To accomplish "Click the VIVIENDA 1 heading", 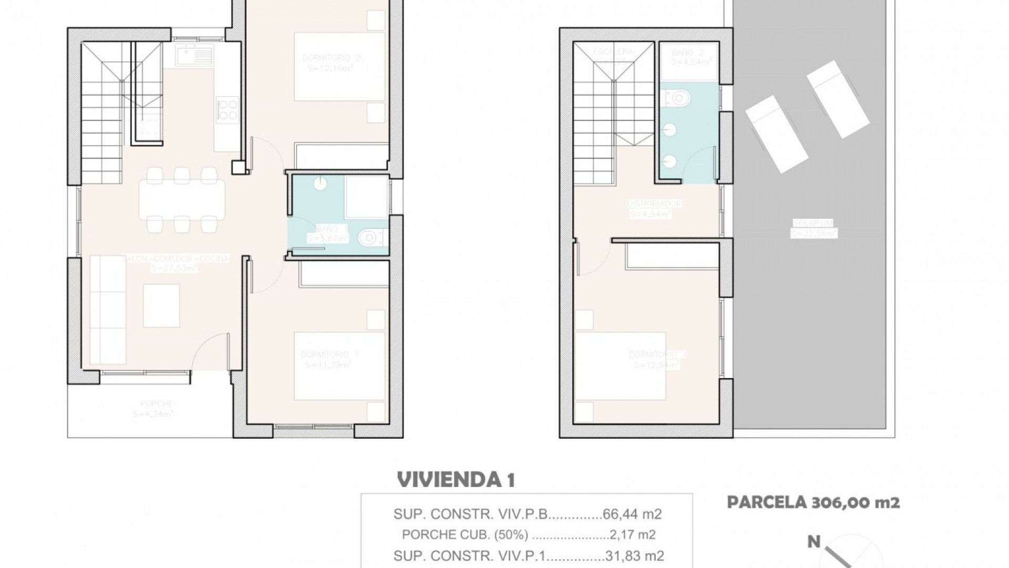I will tap(456, 480).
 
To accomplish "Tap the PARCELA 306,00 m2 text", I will tap(813, 502).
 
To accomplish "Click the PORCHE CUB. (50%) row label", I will tap(465, 535).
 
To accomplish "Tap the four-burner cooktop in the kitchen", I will tap(227, 109).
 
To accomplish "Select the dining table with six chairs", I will tap(181, 200).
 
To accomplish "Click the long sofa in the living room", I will tap(107, 310).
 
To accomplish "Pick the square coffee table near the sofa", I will tap(162, 306).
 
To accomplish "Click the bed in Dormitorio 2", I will tap(339, 67).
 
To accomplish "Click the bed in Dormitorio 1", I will tap(339, 366).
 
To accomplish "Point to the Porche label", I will tap(156, 403).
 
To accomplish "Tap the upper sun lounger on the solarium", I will tap(838, 99).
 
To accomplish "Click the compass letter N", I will tap(814, 542).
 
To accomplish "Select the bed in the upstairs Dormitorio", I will tap(620, 366).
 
